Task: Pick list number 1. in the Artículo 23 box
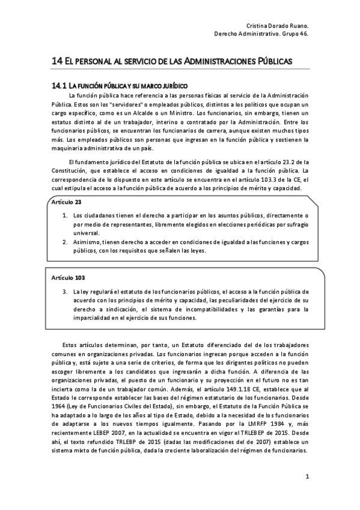tap(66, 215)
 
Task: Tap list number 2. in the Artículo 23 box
tap(66, 242)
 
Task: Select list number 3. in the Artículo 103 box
tap(66, 290)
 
